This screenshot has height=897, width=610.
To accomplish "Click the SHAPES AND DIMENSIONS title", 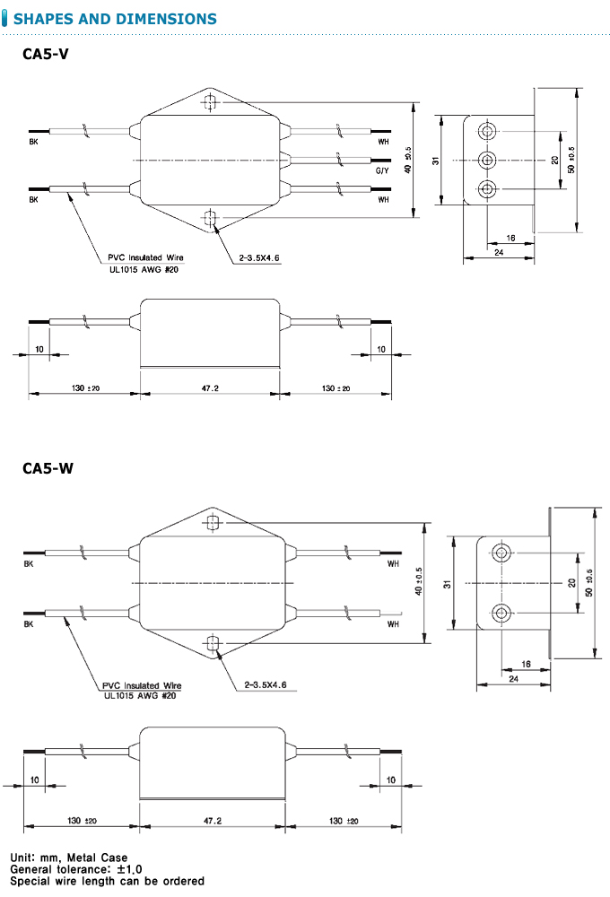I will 116,19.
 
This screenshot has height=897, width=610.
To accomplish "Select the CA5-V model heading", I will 45,54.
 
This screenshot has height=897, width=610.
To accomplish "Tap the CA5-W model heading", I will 48,468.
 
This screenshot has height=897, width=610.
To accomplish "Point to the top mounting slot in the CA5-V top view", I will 210,102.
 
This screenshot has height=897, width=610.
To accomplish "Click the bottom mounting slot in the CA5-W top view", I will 213,642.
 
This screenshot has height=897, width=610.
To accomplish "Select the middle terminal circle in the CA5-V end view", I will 487,160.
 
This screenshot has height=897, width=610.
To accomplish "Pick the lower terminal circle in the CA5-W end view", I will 501,613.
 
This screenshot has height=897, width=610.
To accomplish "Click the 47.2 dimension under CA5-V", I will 210,388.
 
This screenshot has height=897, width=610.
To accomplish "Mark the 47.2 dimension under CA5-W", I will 213,821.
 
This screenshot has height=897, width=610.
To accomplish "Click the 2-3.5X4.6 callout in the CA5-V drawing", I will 259,257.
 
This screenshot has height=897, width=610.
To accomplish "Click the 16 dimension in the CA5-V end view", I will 510,238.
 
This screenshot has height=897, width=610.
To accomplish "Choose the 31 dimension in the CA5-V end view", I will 435,161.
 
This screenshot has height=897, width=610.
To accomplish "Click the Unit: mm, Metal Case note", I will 69,858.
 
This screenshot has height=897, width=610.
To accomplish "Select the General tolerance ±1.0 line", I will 76,869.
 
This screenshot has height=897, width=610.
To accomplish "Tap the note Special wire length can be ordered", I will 108,881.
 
